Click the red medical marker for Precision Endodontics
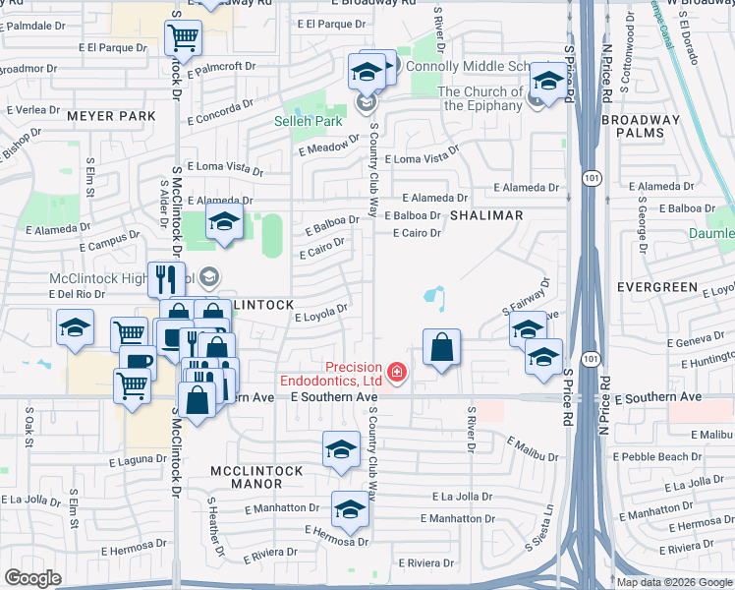(x=396, y=371)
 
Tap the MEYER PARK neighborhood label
(x=111, y=116)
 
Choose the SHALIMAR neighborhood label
(x=486, y=214)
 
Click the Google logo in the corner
(x=33, y=577)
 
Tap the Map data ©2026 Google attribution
(x=674, y=582)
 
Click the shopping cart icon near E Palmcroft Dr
(x=184, y=39)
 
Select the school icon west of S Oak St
(x=75, y=329)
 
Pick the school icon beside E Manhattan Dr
(x=349, y=508)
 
